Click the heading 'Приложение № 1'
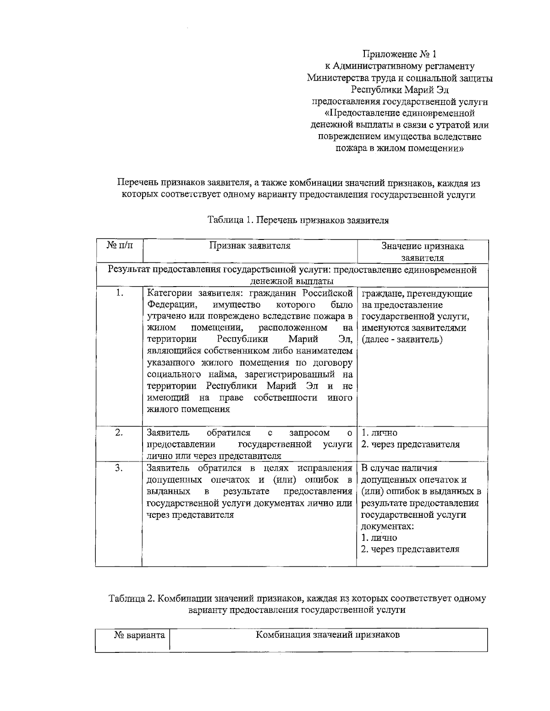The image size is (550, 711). tap(399, 54)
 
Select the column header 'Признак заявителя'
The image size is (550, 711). tap(250, 246)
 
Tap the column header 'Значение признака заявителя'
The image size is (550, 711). tap(422, 252)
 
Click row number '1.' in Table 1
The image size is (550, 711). tap(120, 293)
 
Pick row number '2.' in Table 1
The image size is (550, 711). tap(119, 433)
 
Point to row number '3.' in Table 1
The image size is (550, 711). tap(119, 468)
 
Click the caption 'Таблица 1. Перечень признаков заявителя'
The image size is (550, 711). tap(298, 220)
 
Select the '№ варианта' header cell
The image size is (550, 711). tap(139, 635)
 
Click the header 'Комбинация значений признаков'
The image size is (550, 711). tap(328, 635)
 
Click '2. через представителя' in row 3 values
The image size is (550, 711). tap(410, 549)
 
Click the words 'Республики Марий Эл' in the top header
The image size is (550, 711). tap(399, 90)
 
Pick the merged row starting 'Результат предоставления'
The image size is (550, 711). tap(292, 275)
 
